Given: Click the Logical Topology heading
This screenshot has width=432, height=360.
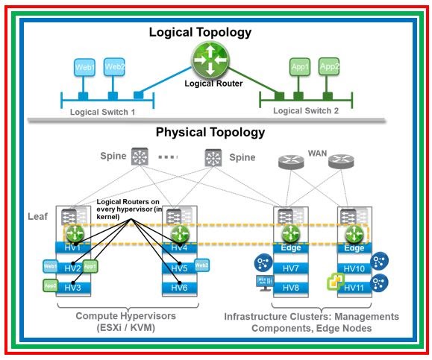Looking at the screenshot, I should click(x=200, y=32).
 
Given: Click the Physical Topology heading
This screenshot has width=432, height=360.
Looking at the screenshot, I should click(x=210, y=133).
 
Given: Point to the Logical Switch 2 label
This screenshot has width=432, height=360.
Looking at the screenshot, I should click(x=306, y=111).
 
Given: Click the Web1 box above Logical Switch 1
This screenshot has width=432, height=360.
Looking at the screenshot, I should click(x=84, y=68).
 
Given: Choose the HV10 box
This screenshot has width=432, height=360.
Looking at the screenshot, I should click(x=354, y=268).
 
